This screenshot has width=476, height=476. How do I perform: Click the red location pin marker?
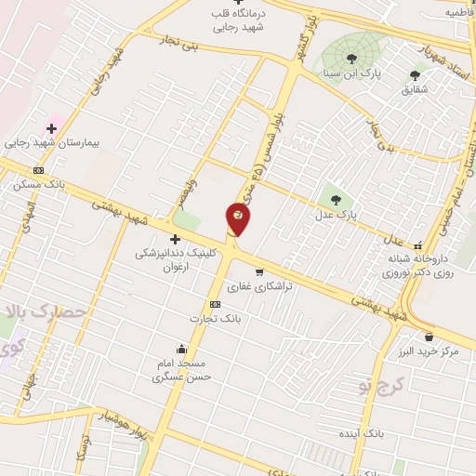pos(238,218)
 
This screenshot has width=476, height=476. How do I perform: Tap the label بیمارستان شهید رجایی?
pos(51,144)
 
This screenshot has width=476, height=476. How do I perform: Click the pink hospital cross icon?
pos(52,127)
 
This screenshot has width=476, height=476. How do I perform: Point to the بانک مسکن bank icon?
pos(38,170)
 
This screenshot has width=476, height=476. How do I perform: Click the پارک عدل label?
pos(337,215)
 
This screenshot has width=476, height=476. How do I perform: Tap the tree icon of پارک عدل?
pos(336,200)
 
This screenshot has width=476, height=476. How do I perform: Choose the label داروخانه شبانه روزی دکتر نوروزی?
pos(418,266)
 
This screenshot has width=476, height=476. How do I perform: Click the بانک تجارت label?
pos(216,319)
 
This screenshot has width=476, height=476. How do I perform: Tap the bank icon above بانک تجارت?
pos(216,304)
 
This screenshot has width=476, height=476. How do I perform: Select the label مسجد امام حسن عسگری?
pos(181,370)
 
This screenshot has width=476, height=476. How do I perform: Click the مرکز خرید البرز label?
pos(430,351)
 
